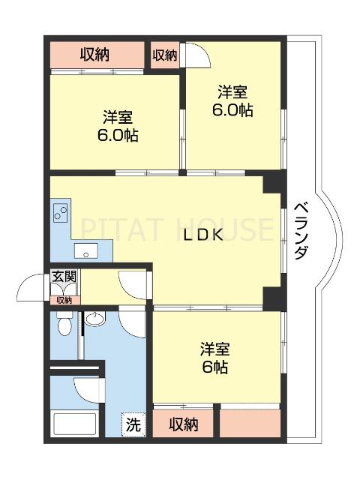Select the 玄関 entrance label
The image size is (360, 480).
64,277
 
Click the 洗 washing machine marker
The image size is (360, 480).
132,424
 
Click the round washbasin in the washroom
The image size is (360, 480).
94,320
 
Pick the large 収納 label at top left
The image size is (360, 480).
95,54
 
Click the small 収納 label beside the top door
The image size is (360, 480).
165,54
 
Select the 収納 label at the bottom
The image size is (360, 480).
183,424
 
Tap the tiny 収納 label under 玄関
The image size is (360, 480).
64,300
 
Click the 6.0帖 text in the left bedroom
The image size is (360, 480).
117,136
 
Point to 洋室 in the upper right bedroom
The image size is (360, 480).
232,93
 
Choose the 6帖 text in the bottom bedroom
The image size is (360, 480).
215,367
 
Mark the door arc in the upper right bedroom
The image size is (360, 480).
193,55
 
